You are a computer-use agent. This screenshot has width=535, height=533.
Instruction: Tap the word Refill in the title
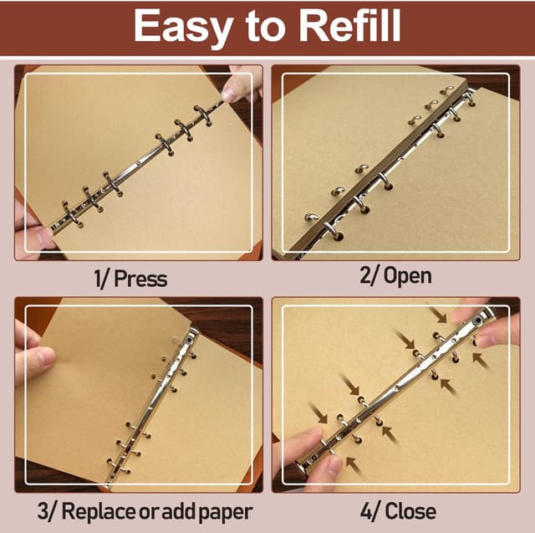pyautogui.click(x=349, y=25)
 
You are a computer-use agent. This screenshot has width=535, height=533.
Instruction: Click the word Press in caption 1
pyautogui.click(x=140, y=279)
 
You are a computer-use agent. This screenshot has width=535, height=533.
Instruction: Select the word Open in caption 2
pyautogui.click(x=407, y=276)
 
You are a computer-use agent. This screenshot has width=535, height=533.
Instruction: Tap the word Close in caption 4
pyautogui.click(x=410, y=511)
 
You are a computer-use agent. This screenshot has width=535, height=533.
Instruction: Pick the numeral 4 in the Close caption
pyautogui.click(x=366, y=512)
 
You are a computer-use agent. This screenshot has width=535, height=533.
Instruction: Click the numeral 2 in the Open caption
pyautogui.click(x=365, y=275)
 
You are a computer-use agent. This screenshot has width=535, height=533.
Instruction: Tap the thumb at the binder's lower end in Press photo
pyautogui.click(x=38, y=237)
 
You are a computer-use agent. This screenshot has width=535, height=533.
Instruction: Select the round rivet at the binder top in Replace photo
pyautogui.click(x=189, y=341)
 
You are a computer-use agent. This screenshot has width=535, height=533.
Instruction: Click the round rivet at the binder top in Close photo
pyautogui.click(x=479, y=320)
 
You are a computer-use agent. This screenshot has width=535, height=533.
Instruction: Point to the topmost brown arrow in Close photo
pyautogui.click(x=438, y=315)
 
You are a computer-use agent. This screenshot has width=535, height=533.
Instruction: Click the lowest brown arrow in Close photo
pyautogui.click(x=354, y=466)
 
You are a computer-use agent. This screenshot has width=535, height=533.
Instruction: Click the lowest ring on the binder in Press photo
pyautogui.click(x=71, y=214)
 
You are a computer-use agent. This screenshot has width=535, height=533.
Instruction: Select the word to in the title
pyautogui.click(x=264, y=28)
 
